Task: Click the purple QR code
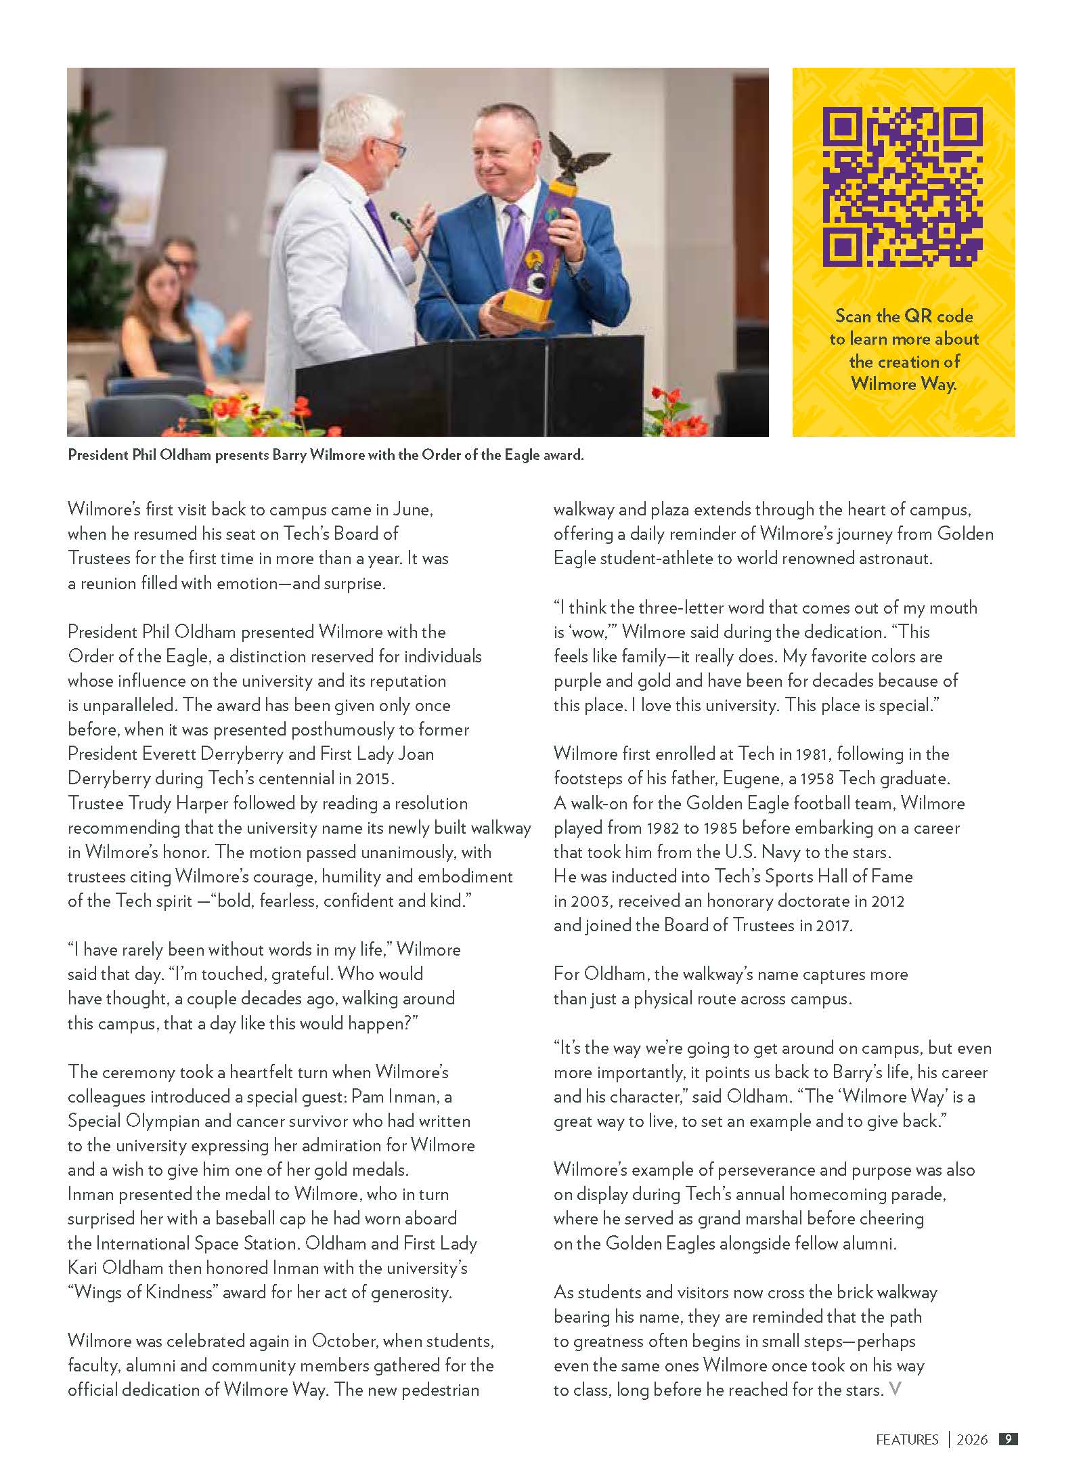[903, 187]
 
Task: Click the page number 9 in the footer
[1008, 1439]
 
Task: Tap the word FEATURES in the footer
[907, 1440]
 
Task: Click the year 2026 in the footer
[972, 1440]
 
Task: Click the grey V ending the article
[895, 1390]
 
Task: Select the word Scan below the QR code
[854, 316]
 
